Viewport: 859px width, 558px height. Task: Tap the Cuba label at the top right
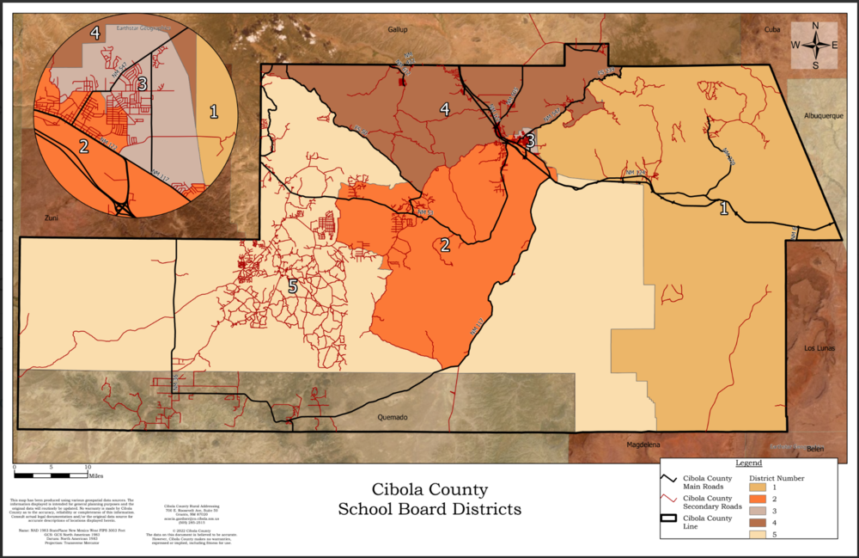point(772,29)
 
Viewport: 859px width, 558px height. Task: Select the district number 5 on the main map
point(292,286)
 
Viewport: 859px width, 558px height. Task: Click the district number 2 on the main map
point(445,245)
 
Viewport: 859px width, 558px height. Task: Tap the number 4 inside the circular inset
point(95,34)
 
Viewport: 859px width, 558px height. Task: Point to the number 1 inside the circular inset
point(214,110)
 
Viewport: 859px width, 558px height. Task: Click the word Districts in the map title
point(477,509)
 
